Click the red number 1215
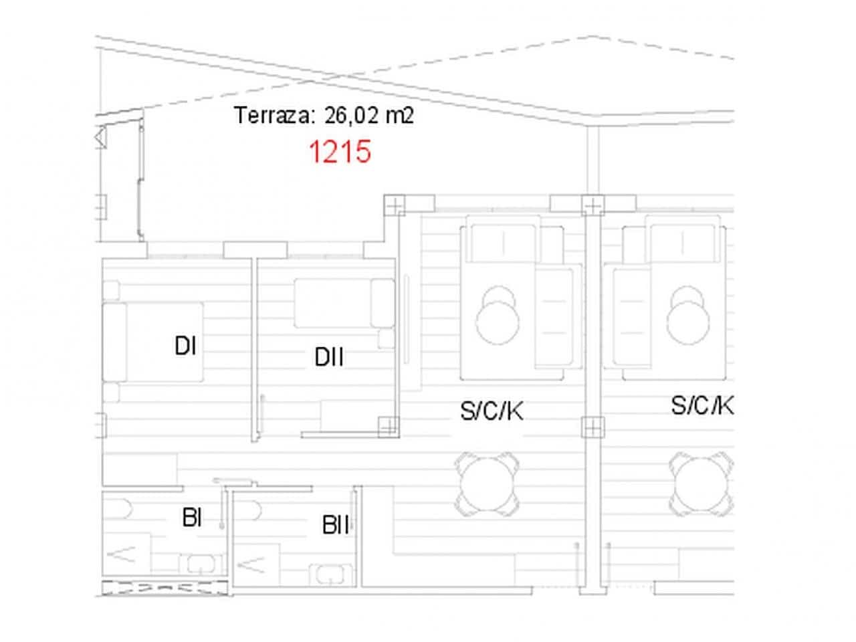pyautogui.click(x=339, y=152)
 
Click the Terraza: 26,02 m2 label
pyautogui.click(x=324, y=116)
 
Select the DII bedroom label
pyautogui.click(x=329, y=358)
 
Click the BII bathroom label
pyautogui.click(x=336, y=526)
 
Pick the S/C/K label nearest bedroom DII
pyautogui.click(x=492, y=411)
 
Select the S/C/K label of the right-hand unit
pyautogui.click(x=702, y=405)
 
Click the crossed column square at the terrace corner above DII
pyautogui.click(x=395, y=205)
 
